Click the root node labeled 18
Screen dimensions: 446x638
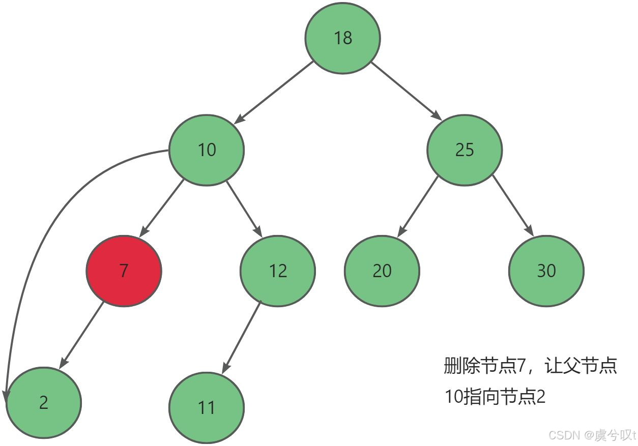click(x=342, y=38)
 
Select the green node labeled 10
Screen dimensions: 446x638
click(x=207, y=150)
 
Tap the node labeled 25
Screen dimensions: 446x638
click(x=465, y=150)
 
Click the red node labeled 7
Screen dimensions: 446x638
click(x=124, y=271)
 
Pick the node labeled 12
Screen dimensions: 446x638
click(x=278, y=271)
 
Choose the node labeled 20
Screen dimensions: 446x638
click(x=382, y=271)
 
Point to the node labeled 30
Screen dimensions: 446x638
click(x=546, y=271)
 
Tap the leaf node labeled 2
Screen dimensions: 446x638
click(x=43, y=402)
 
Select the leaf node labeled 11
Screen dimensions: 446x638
click(x=207, y=407)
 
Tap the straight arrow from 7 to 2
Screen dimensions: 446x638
click(x=82, y=336)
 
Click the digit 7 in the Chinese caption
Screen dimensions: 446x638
click(x=520, y=366)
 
